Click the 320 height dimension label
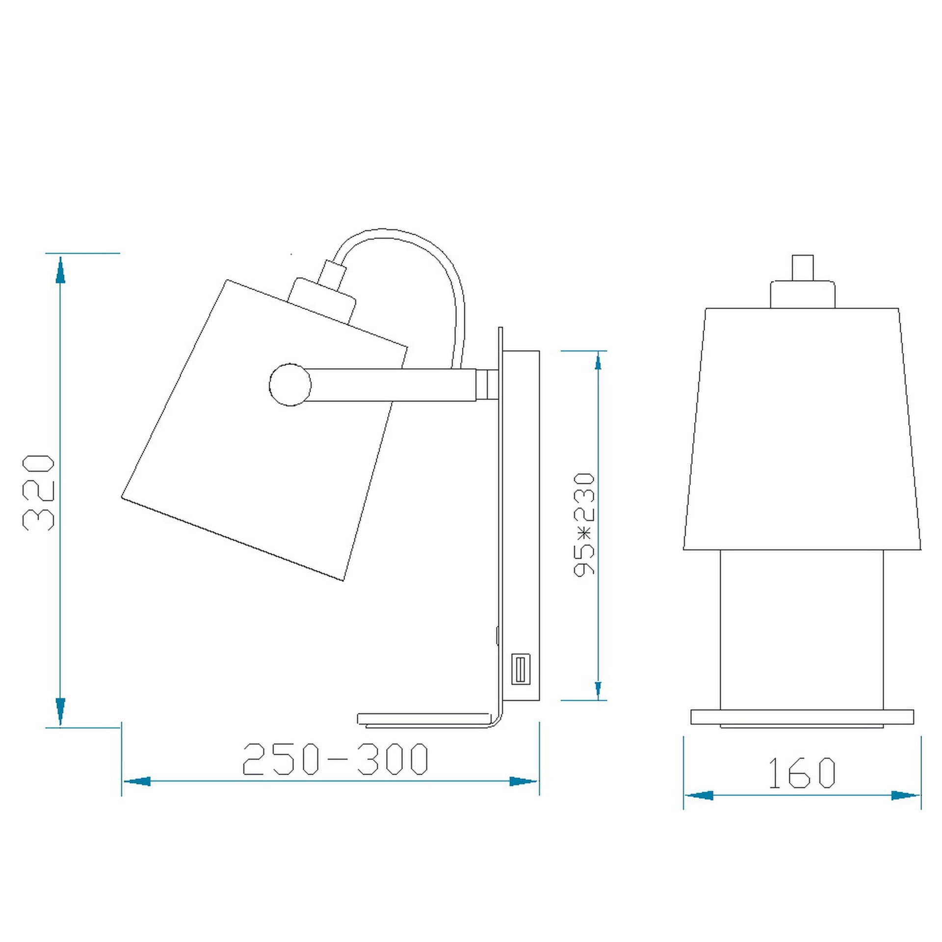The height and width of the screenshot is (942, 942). [x=38, y=493]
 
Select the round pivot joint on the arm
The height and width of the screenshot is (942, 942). [x=290, y=385]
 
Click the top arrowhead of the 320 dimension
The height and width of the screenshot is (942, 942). [x=60, y=270]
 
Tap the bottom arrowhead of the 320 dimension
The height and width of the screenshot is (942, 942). [x=60, y=711]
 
